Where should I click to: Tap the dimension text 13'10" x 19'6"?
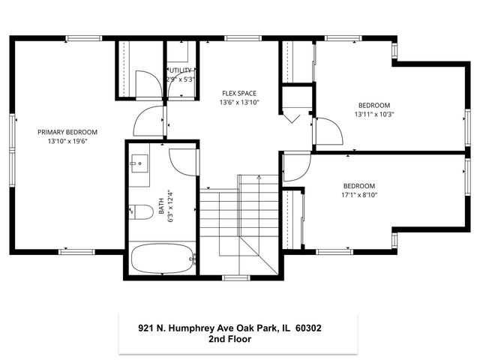pos(67,141)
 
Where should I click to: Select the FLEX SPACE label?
pos(238,94)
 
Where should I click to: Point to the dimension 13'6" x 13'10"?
pos(238,103)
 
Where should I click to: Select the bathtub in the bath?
pos(162,259)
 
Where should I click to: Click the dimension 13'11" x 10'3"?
pos(373,115)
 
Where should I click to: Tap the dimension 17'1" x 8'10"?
pos(358,195)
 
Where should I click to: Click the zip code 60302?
pos(309,328)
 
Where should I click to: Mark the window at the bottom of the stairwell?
pos(235,277)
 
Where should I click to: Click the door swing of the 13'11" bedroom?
pos(328,132)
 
